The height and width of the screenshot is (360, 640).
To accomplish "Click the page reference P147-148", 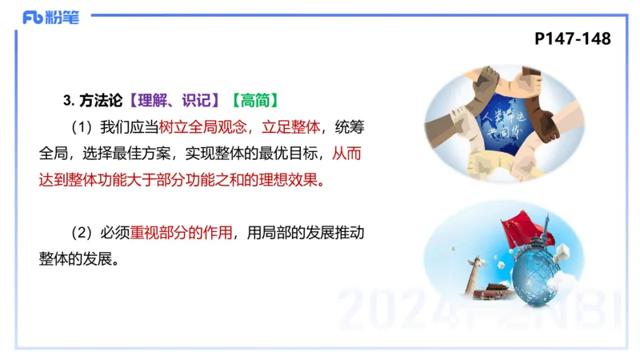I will (x=572, y=38).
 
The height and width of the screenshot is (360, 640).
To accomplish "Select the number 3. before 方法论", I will (x=68, y=100).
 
